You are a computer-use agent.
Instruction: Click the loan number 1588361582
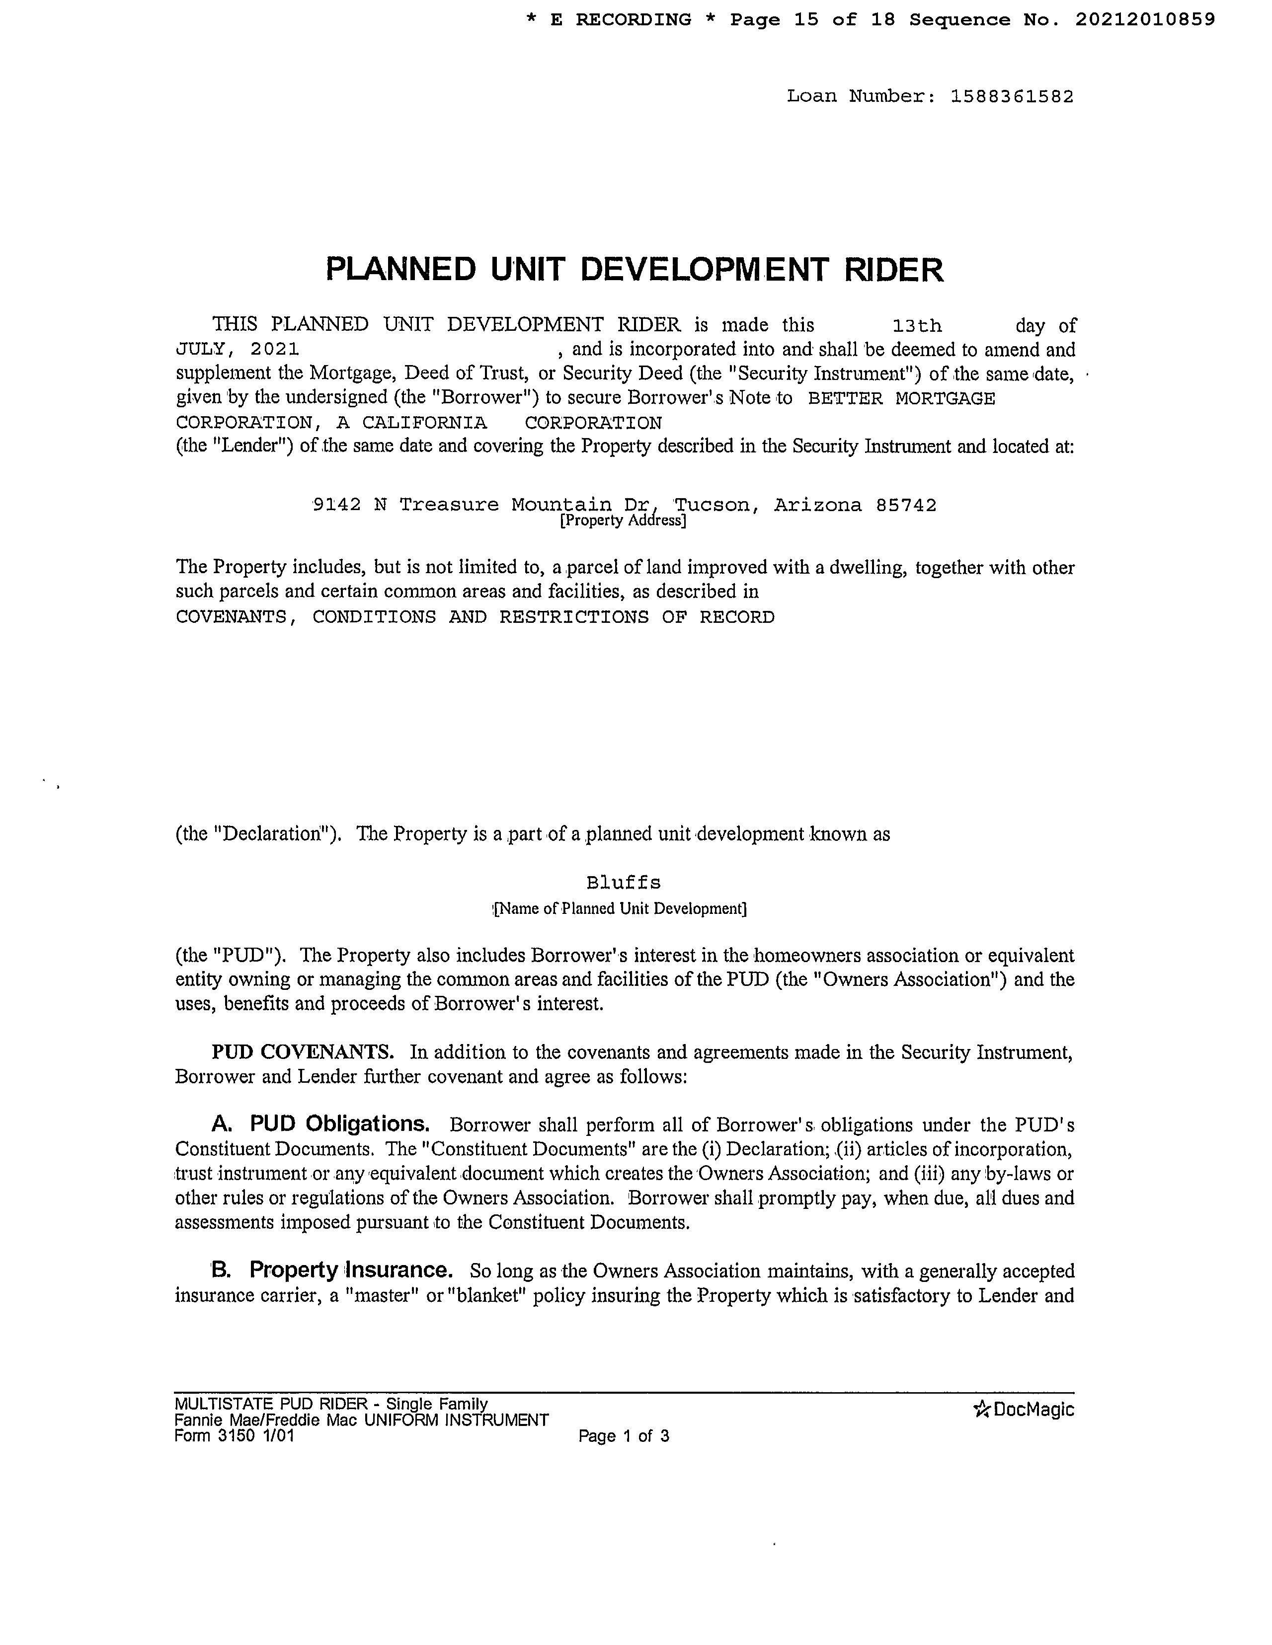click(1012, 96)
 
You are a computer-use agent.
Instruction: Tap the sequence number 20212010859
click(1145, 19)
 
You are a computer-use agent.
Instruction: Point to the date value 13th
click(916, 326)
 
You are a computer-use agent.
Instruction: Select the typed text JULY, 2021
click(238, 350)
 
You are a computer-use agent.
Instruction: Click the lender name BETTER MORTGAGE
click(901, 398)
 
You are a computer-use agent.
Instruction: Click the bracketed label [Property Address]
click(623, 521)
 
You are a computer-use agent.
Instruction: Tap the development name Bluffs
click(623, 882)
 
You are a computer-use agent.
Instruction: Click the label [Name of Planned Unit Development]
click(620, 909)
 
